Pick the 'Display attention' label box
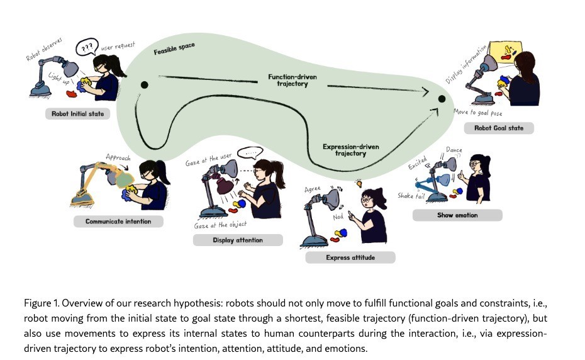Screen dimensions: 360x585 coord(237,240)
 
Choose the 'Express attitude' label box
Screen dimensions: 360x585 coord(350,257)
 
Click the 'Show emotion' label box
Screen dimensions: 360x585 coord(457,215)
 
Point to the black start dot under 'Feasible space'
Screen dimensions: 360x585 coord(144,84)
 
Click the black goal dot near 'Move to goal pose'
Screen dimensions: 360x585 coord(442,99)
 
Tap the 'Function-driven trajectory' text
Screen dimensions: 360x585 coord(288,80)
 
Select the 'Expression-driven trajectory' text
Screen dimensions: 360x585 coord(350,150)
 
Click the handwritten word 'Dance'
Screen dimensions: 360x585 coord(454,150)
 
